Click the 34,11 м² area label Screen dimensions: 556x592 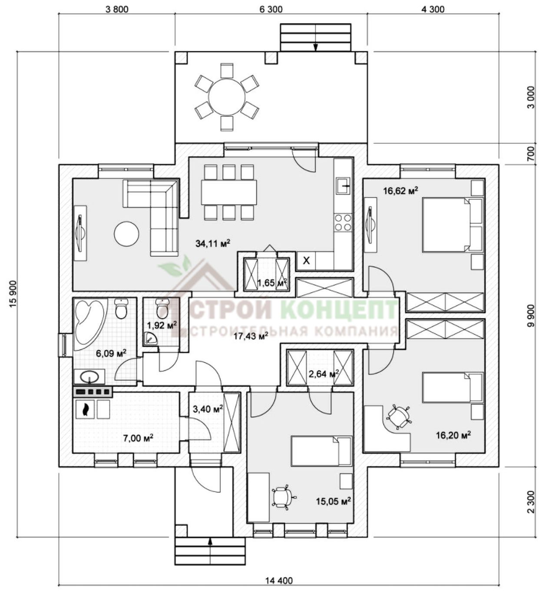coord(213,243)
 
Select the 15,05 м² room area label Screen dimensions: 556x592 coord(333,501)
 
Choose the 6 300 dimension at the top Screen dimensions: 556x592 coord(271,10)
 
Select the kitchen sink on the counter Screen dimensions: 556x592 coord(344,186)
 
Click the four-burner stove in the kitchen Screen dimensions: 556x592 coord(343,223)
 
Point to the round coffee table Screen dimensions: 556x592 coord(126,233)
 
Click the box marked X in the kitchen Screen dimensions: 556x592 coord(306,261)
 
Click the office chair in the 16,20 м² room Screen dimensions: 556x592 coord(399,417)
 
